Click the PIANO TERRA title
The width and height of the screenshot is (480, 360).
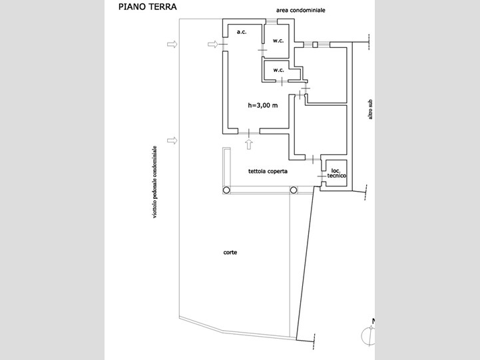pos(148,8)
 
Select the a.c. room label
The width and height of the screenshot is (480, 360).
pos(242,32)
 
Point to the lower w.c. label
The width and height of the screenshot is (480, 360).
pos(278,70)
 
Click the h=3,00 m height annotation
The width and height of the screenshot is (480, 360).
pos(262,105)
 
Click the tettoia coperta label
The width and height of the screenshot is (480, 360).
pos(268,171)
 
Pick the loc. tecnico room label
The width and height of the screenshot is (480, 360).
pos(334,172)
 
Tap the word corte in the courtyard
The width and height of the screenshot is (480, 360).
pos(231,252)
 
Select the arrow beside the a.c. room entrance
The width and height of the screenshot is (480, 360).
pos(212,45)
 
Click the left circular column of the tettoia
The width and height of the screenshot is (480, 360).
pos(227,190)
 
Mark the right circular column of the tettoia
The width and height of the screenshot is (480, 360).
pos(293,190)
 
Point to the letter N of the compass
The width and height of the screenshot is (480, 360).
pos(373,323)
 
